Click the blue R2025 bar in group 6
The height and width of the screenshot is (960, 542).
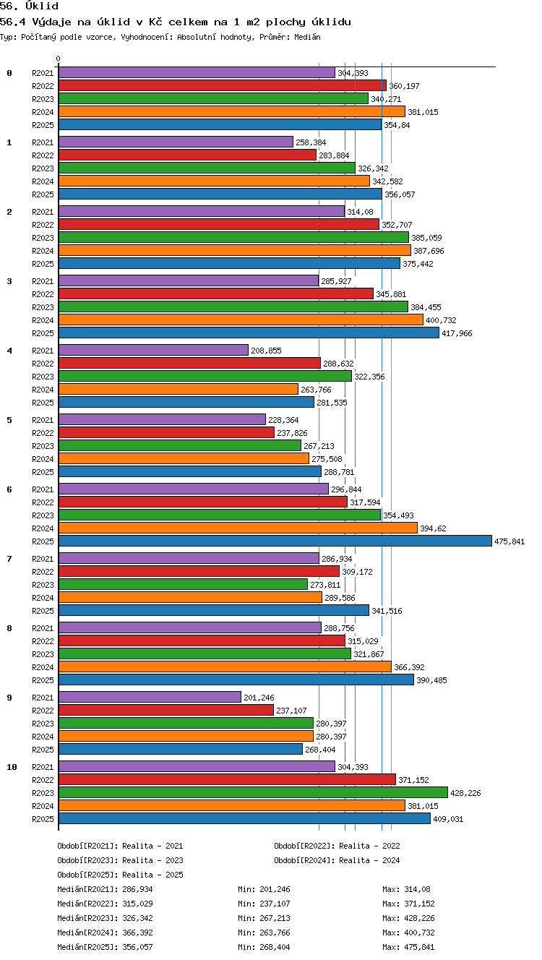[x=275, y=541]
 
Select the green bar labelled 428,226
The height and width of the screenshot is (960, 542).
[x=253, y=792]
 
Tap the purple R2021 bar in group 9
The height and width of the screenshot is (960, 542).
[x=150, y=697]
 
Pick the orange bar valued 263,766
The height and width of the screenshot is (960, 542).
[x=178, y=389]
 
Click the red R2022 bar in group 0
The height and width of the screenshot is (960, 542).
[x=223, y=86]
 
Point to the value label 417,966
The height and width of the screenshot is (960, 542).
[x=457, y=333]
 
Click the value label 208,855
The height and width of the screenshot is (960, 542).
[x=266, y=351]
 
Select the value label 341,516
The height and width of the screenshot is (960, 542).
[x=387, y=611]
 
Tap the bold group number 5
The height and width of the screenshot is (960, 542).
[x=9, y=420]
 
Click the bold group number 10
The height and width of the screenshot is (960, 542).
[x=12, y=767]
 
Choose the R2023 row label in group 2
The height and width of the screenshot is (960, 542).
[x=43, y=238]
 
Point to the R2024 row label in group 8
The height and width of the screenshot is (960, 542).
[x=43, y=667]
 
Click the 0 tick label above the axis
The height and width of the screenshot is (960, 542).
[x=59, y=59]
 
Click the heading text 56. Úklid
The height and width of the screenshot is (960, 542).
[x=29, y=6]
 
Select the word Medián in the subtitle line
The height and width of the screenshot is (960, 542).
[x=307, y=37]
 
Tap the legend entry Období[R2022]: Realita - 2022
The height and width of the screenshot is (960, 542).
[x=337, y=846]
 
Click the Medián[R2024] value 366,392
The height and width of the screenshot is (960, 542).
[x=137, y=932]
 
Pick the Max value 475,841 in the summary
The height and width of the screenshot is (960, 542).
[x=419, y=947]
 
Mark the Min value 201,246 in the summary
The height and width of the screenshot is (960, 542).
[x=275, y=889]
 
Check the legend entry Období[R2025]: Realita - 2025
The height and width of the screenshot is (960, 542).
[x=120, y=874]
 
